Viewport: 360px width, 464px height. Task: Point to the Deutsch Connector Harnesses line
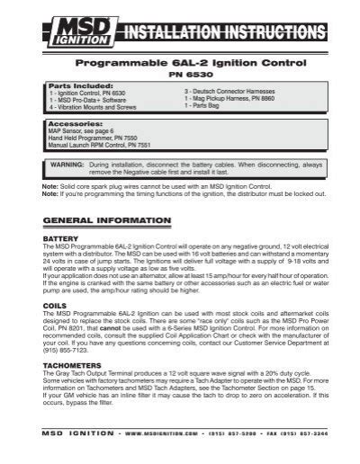(230, 93)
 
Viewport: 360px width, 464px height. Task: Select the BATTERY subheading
(61, 238)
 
